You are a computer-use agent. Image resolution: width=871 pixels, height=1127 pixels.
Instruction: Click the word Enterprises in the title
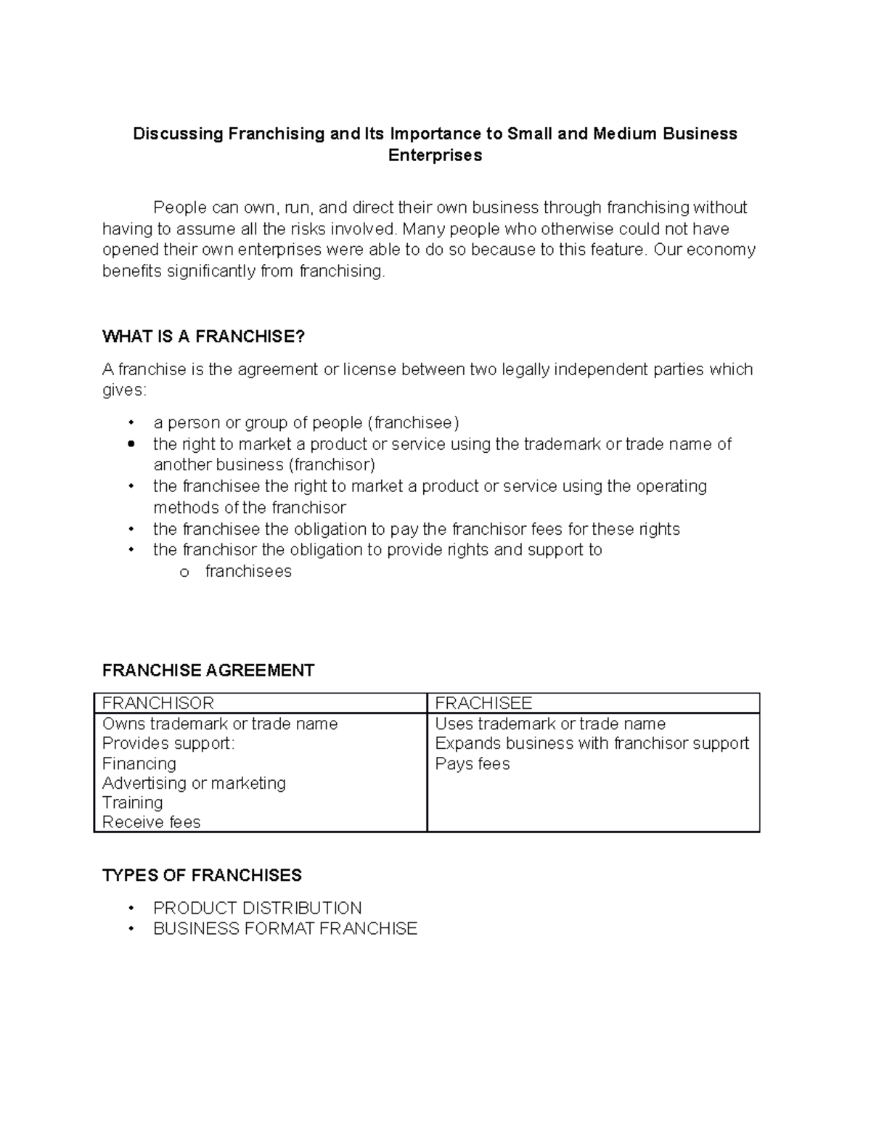[435, 156]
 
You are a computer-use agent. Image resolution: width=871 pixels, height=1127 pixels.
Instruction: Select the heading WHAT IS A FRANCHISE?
[203, 337]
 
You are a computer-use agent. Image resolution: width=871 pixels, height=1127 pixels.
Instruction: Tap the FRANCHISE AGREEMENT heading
[208, 670]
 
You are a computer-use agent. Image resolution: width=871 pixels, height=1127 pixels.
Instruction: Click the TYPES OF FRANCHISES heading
[202, 875]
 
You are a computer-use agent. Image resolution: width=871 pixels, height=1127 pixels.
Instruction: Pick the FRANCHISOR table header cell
[158, 703]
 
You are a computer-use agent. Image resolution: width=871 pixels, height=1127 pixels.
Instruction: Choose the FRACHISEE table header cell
[483, 703]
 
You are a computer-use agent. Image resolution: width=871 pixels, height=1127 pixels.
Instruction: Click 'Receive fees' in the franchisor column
[151, 822]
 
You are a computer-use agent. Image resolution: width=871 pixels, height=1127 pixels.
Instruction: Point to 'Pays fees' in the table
[473, 763]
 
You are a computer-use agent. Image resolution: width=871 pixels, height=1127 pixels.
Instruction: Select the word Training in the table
[132, 803]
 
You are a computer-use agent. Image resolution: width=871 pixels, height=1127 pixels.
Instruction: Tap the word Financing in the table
[139, 763]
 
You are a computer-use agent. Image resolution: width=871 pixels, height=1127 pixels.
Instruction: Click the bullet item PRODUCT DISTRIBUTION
[257, 908]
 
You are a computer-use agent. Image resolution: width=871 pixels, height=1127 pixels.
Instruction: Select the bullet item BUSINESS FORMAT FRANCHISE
[285, 929]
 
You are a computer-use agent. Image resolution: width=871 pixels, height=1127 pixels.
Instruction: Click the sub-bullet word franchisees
[248, 572]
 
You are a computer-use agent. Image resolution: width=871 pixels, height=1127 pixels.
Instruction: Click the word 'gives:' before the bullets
[124, 390]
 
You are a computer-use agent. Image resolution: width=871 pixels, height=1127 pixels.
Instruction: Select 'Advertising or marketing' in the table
[194, 783]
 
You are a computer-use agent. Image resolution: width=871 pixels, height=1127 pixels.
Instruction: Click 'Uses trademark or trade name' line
[550, 724]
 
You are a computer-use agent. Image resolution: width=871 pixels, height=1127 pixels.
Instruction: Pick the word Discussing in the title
[178, 134]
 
